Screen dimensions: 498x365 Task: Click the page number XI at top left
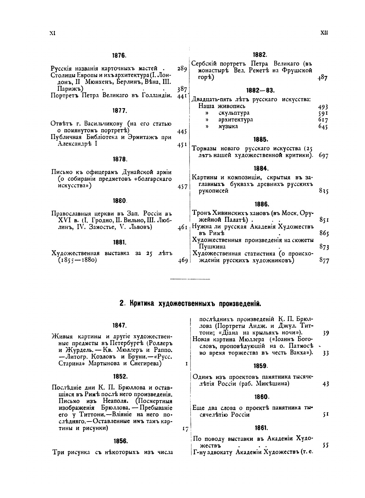[x=52, y=34]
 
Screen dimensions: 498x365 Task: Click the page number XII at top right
[x=324, y=33]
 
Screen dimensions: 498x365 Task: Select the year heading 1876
[x=119, y=56]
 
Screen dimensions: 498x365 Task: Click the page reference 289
[x=182, y=69]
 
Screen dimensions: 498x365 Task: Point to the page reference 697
[x=323, y=156]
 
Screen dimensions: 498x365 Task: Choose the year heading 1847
[x=119, y=325]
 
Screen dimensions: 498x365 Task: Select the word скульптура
[x=234, y=113]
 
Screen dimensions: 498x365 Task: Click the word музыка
[x=228, y=126]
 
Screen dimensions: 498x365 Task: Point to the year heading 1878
[x=120, y=159]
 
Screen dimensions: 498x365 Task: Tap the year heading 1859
[x=260, y=366]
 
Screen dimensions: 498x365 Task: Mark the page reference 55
[x=325, y=445]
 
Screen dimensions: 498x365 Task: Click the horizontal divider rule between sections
[x=191, y=278]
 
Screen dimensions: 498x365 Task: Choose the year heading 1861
[x=260, y=428]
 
